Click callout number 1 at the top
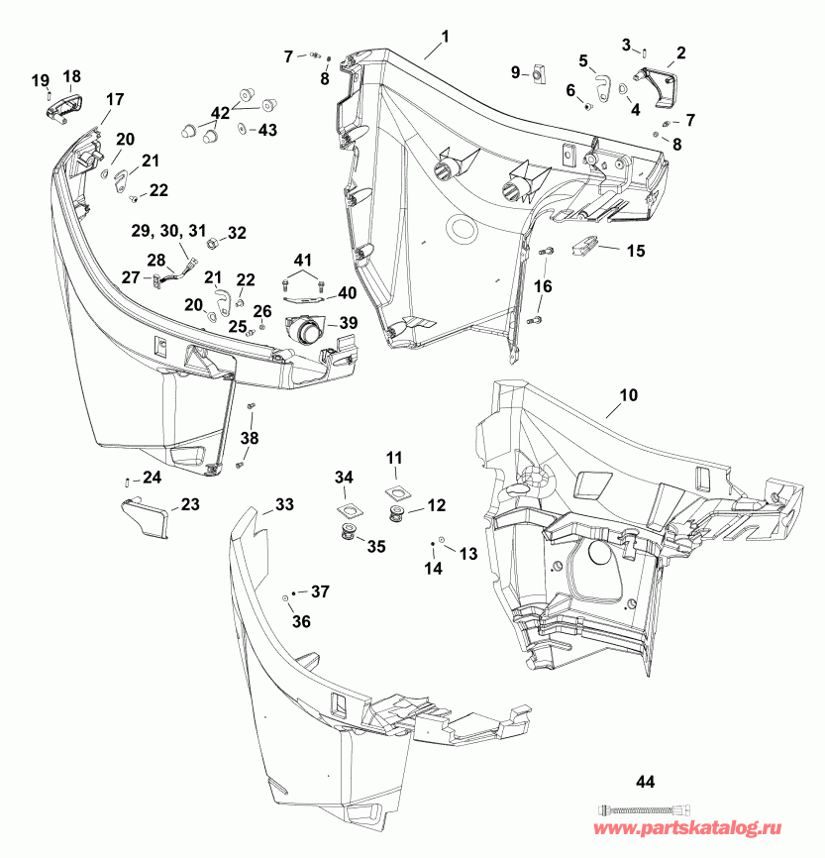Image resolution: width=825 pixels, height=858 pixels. coord(445,37)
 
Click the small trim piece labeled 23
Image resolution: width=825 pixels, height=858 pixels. coord(145,517)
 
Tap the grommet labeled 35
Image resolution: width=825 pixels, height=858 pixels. coord(349,536)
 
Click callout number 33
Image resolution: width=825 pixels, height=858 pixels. coord(285,505)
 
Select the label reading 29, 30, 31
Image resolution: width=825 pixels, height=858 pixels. coord(167,230)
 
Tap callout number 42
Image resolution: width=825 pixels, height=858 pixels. coord(218,112)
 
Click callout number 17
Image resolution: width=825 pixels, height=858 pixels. coord(115,98)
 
